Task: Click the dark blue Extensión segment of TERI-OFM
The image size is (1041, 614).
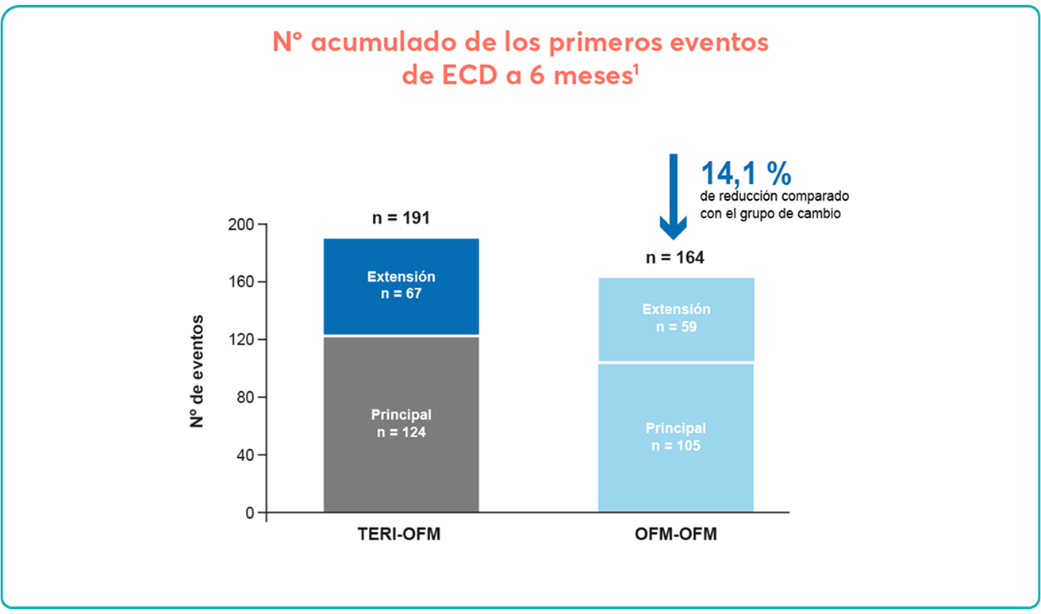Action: pos(401,286)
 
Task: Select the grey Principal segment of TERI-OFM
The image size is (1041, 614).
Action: pos(401,424)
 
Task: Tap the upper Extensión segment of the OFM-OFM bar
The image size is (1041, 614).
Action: pos(675,319)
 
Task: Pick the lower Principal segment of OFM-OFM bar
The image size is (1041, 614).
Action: pos(675,437)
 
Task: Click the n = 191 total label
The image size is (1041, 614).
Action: pos(401,217)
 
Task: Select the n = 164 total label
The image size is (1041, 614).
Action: pos(675,257)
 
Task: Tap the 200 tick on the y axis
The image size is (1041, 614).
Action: pos(243,224)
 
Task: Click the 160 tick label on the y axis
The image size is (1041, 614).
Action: pos(243,282)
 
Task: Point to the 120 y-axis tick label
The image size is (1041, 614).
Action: pos(243,340)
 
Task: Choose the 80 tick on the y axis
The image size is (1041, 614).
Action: pos(246,397)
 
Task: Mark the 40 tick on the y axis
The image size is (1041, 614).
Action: pos(246,455)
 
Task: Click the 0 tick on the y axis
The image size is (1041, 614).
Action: pos(250,513)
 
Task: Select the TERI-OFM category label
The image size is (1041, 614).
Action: pos(401,535)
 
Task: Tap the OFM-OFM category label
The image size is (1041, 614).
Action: pos(675,535)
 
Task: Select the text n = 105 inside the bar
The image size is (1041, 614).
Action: pos(675,446)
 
